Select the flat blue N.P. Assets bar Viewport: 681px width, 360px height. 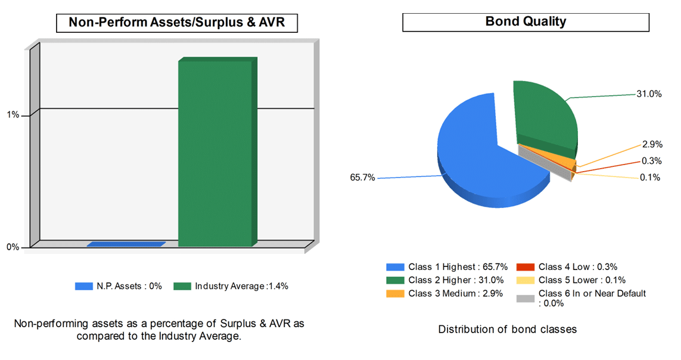(x=126, y=244)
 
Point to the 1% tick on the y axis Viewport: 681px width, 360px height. (x=13, y=115)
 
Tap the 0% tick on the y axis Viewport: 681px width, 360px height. (x=13, y=247)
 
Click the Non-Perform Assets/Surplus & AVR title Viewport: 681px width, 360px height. (x=177, y=23)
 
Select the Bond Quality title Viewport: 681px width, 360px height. (x=525, y=22)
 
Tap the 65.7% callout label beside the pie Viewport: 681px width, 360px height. (x=363, y=178)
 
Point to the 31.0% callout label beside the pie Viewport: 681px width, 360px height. (x=649, y=94)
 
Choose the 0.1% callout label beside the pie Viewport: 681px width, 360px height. (x=651, y=177)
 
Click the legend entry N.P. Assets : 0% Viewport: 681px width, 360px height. (x=119, y=286)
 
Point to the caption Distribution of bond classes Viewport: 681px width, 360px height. (x=508, y=329)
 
